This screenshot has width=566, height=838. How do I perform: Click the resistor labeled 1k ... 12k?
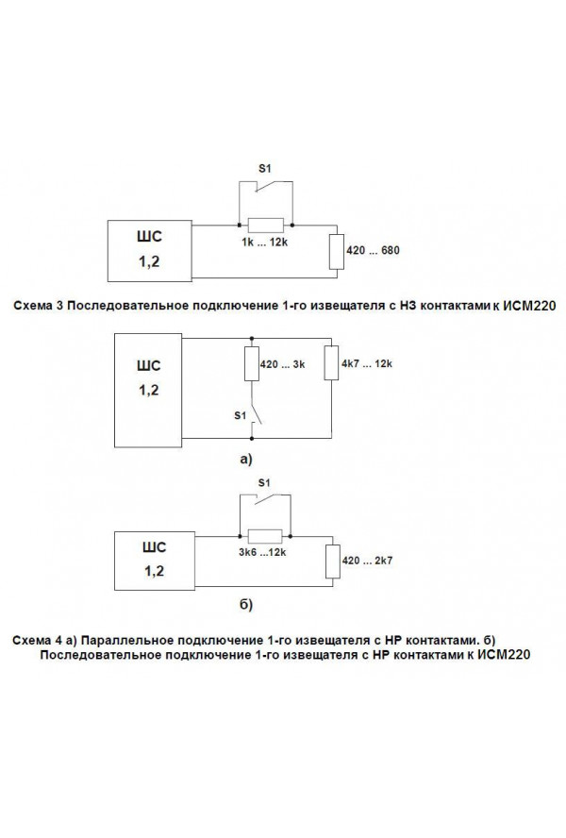coord(266,226)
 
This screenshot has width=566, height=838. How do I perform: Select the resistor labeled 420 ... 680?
coord(338,252)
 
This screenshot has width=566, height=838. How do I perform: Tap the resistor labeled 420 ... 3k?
coord(252,364)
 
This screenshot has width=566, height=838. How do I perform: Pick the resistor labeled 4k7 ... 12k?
coord(331,363)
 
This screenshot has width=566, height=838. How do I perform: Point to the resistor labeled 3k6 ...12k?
coord(265,536)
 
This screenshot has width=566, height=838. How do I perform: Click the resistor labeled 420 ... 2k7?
coord(333,561)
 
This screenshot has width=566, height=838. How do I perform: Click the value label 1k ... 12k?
coord(264,243)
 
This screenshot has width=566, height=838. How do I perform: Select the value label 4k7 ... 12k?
coord(367,363)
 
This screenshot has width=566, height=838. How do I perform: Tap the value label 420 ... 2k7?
coord(367,561)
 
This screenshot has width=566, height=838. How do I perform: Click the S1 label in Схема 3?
coord(265,168)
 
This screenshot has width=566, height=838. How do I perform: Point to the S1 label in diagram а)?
coord(240,415)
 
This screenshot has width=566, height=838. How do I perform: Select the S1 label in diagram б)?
coord(264,482)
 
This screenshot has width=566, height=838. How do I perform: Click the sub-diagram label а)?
coord(246,459)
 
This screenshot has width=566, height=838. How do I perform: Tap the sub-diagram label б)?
coord(246,605)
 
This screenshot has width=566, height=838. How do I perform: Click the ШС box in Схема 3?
coord(150,251)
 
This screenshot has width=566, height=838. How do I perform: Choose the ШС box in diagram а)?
coord(148,390)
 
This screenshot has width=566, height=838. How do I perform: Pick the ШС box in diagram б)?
coord(155,561)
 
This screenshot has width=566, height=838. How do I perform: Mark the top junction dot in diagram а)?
coord(252,338)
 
